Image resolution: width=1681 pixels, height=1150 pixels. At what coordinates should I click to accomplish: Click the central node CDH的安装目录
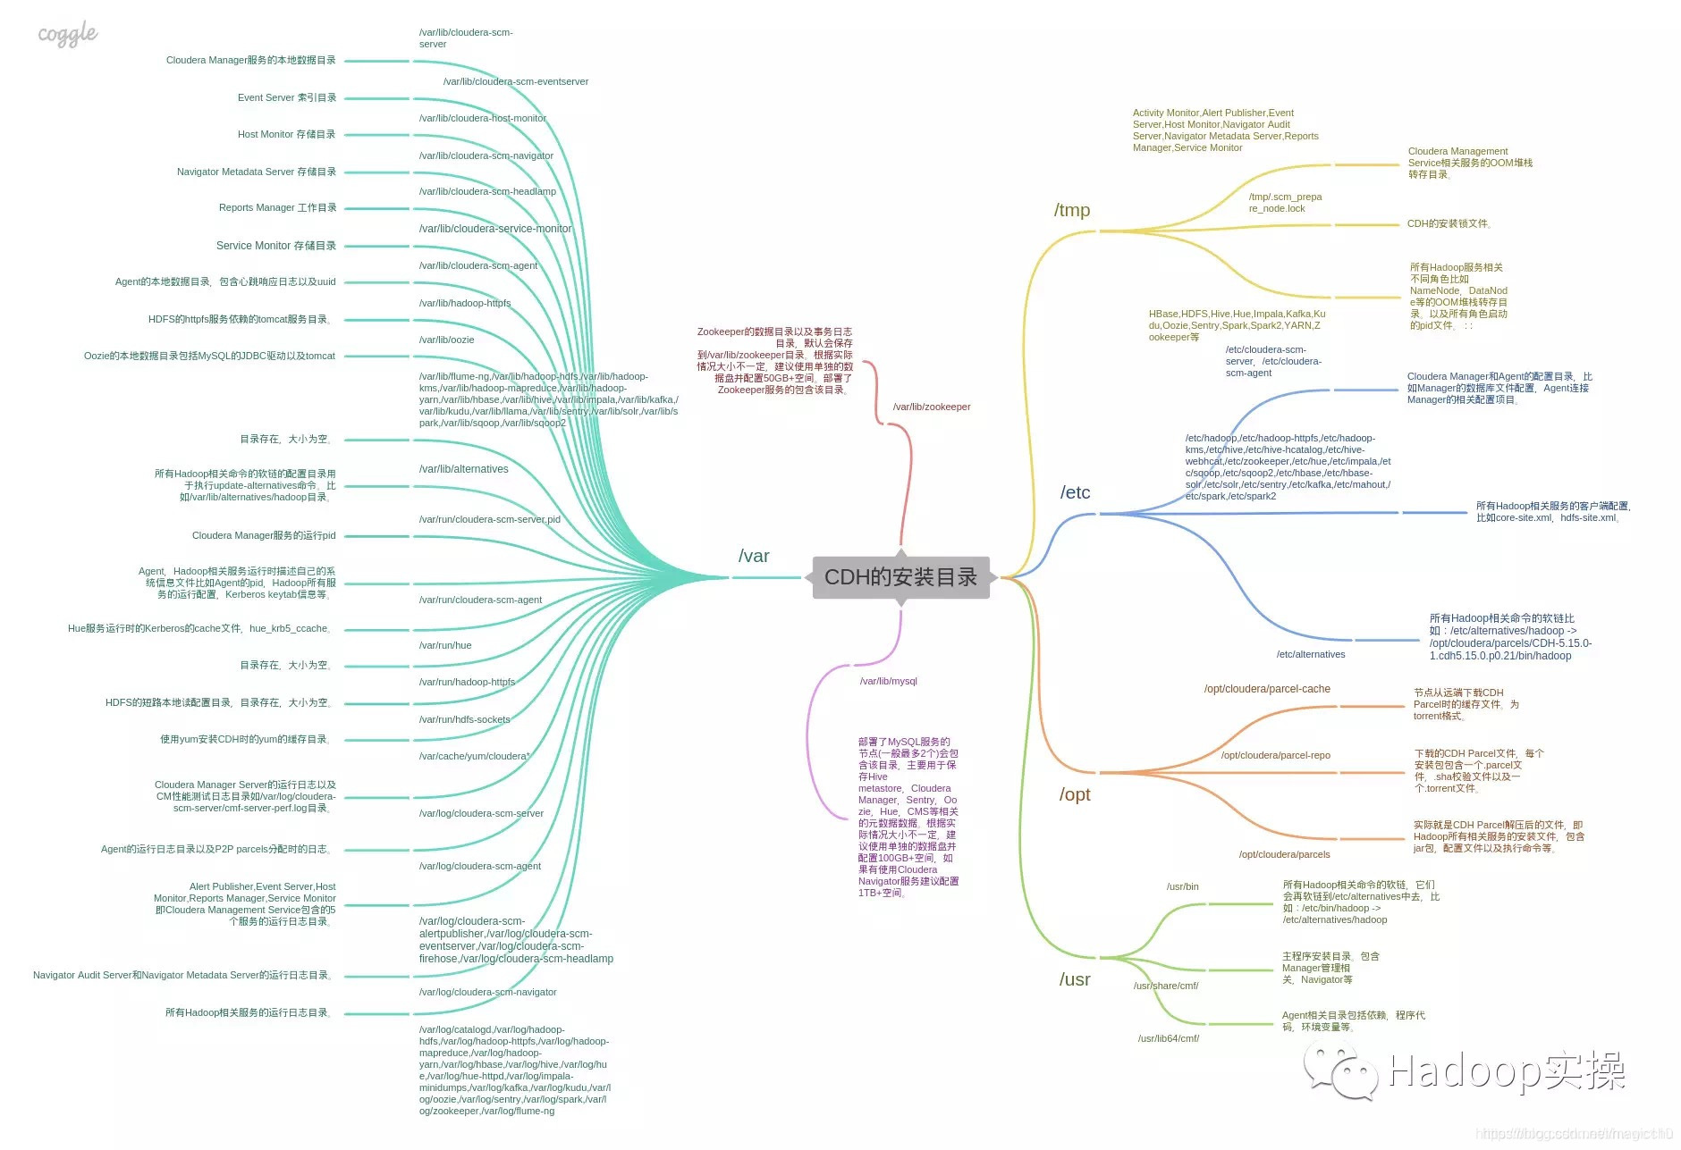pos(900,577)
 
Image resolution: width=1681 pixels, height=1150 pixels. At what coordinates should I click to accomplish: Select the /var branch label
pos(754,556)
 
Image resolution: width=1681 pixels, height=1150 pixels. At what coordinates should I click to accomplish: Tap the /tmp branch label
pos(1072,210)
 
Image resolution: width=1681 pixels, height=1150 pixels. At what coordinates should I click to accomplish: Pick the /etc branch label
pos(1076,492)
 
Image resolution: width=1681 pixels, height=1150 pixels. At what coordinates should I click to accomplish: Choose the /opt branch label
pos(1075,794)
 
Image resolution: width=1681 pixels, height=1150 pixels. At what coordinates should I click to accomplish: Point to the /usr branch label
pos(1075,979)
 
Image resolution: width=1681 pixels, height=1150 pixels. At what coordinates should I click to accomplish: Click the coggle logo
pos(68,35)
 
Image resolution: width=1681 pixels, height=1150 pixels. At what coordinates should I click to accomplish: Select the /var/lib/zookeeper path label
pos(932,407)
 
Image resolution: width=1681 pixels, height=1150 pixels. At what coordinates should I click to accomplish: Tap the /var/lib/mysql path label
pos(889,682)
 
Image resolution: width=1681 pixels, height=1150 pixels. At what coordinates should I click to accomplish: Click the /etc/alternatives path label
pos(1311,655)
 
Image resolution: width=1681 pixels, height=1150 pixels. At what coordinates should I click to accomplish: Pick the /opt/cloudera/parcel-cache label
pos(1267,689)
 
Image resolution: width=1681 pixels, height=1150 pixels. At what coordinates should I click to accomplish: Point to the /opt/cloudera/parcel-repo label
pos(1276,756)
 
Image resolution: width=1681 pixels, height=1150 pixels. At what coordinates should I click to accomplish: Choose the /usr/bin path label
pos(1182,887)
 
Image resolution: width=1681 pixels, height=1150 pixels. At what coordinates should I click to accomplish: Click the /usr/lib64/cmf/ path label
pos(1169,1039)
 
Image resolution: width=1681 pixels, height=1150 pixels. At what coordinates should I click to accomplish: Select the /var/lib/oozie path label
pos(447,340)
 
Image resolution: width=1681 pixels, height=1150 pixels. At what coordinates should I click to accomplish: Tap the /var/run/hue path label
pos(445,646)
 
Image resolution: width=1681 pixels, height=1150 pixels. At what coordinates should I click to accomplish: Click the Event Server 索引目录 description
pos(287,98)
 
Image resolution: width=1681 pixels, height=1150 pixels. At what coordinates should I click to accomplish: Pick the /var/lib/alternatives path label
pos(463,470)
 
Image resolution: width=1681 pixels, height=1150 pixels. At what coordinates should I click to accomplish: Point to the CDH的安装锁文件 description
pos(1449,224)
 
